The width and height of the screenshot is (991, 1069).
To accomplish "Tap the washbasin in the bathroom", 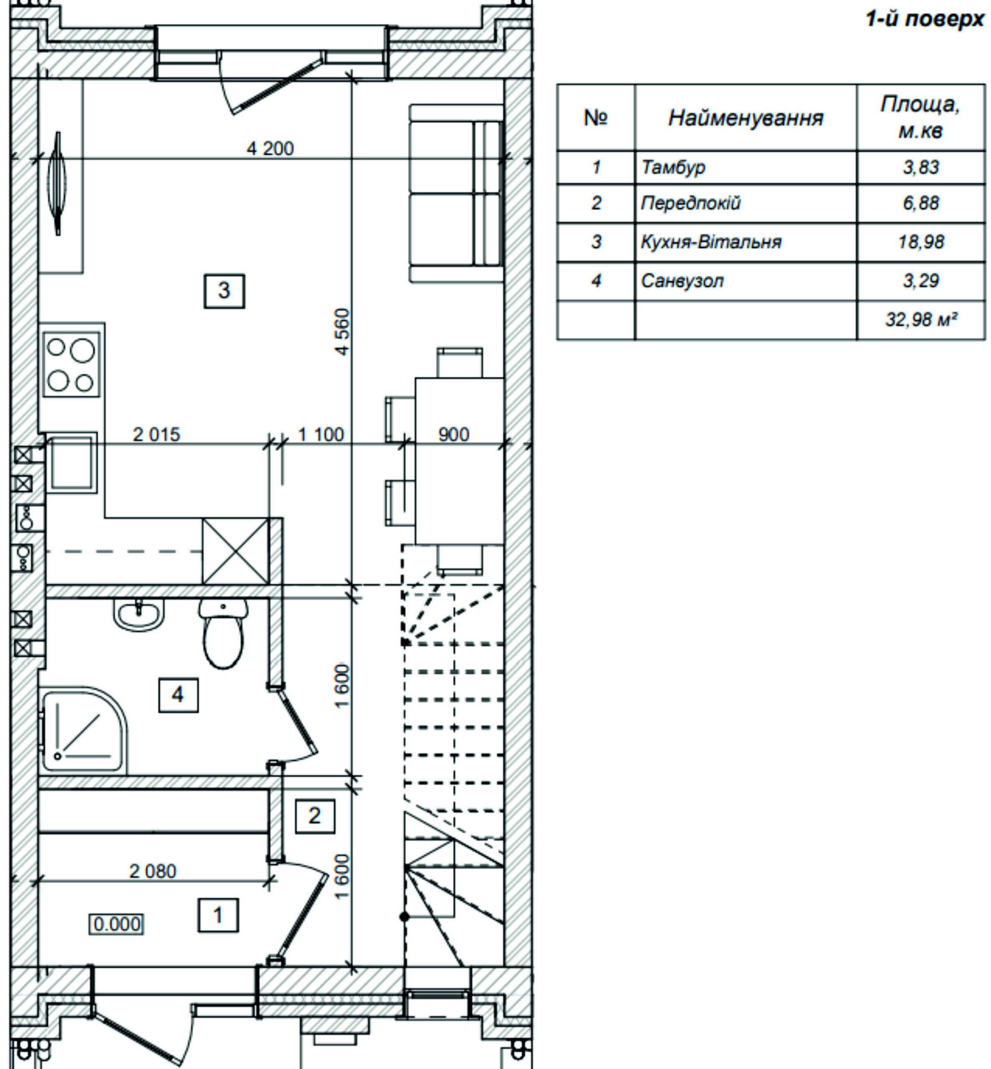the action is point(138,614).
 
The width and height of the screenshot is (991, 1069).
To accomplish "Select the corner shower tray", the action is point(83,730).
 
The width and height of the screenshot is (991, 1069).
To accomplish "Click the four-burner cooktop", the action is point(71,365).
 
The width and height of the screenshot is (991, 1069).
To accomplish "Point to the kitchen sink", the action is point(71,462).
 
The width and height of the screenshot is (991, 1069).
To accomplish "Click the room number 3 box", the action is point(224,291).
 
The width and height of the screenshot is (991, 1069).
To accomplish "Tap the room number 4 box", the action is point(178,695).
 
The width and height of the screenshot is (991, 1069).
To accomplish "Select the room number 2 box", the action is point(315,816).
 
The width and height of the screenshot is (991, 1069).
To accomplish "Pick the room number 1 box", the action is point(218,915).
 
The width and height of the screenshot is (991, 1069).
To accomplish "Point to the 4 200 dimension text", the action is point(270,148).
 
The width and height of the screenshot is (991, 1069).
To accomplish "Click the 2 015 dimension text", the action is point(156,434).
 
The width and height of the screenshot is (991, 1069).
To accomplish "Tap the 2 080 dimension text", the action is point(152,871).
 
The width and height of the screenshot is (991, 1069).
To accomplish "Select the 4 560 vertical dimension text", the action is point(341,332).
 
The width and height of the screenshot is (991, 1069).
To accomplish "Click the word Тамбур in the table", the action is point(673,168).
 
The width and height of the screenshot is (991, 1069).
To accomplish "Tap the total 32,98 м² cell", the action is point(921,320).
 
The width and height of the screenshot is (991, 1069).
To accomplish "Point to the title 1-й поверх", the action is point(925,19).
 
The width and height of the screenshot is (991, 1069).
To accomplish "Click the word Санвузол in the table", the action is point(682,281).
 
